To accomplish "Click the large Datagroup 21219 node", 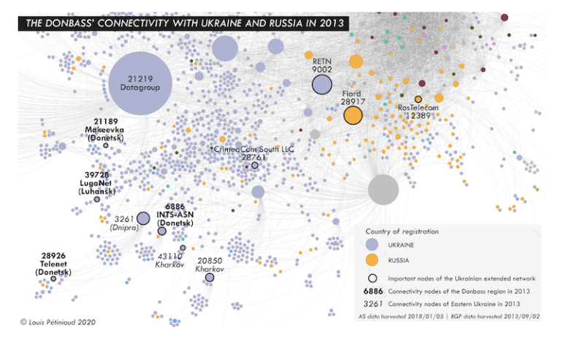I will coord(140,83).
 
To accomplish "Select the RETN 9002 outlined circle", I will coord(322,85).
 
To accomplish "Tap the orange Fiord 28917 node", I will coord(353,115).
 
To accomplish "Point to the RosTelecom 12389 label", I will coord(419,111).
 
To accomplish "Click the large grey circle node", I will coord(383,189).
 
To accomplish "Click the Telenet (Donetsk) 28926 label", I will coord(53,264).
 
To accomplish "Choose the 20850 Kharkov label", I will coord(209,264).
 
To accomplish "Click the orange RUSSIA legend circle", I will coord(372,260).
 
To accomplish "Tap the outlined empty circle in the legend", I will coord(372,278).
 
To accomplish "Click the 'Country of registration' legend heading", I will coord(402,231).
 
